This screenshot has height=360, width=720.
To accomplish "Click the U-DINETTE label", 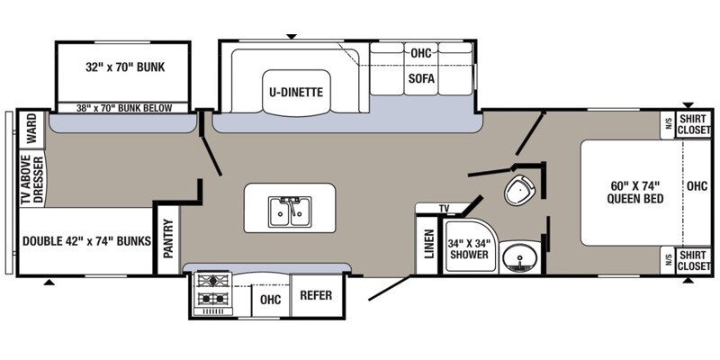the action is tap(296, 93).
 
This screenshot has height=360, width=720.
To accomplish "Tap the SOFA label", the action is tap(421, 78).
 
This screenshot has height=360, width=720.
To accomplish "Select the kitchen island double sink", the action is tap(290, 211).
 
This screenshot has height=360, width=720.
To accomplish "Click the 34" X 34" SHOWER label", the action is tap(469, 248).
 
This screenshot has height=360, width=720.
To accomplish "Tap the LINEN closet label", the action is tap(429, 244).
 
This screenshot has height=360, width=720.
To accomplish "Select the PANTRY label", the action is tap(168, 238).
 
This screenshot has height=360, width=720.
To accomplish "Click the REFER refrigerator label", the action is tap(316, 295).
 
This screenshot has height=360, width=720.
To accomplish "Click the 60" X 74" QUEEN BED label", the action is tap(635, 192).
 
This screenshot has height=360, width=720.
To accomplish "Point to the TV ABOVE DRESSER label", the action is tap(32, 179).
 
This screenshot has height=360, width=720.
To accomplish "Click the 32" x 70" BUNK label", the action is tap(125, 67).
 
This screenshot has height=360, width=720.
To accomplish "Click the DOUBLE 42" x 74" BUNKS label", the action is tap(86, 240).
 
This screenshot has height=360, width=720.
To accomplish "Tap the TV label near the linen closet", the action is tap(444, 209).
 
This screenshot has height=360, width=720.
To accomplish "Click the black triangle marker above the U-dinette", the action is tap(292, 36).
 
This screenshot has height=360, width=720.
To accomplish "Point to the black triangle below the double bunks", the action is tap(49, 282).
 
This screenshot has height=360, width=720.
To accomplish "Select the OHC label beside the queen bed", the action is tap(697, 186).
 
